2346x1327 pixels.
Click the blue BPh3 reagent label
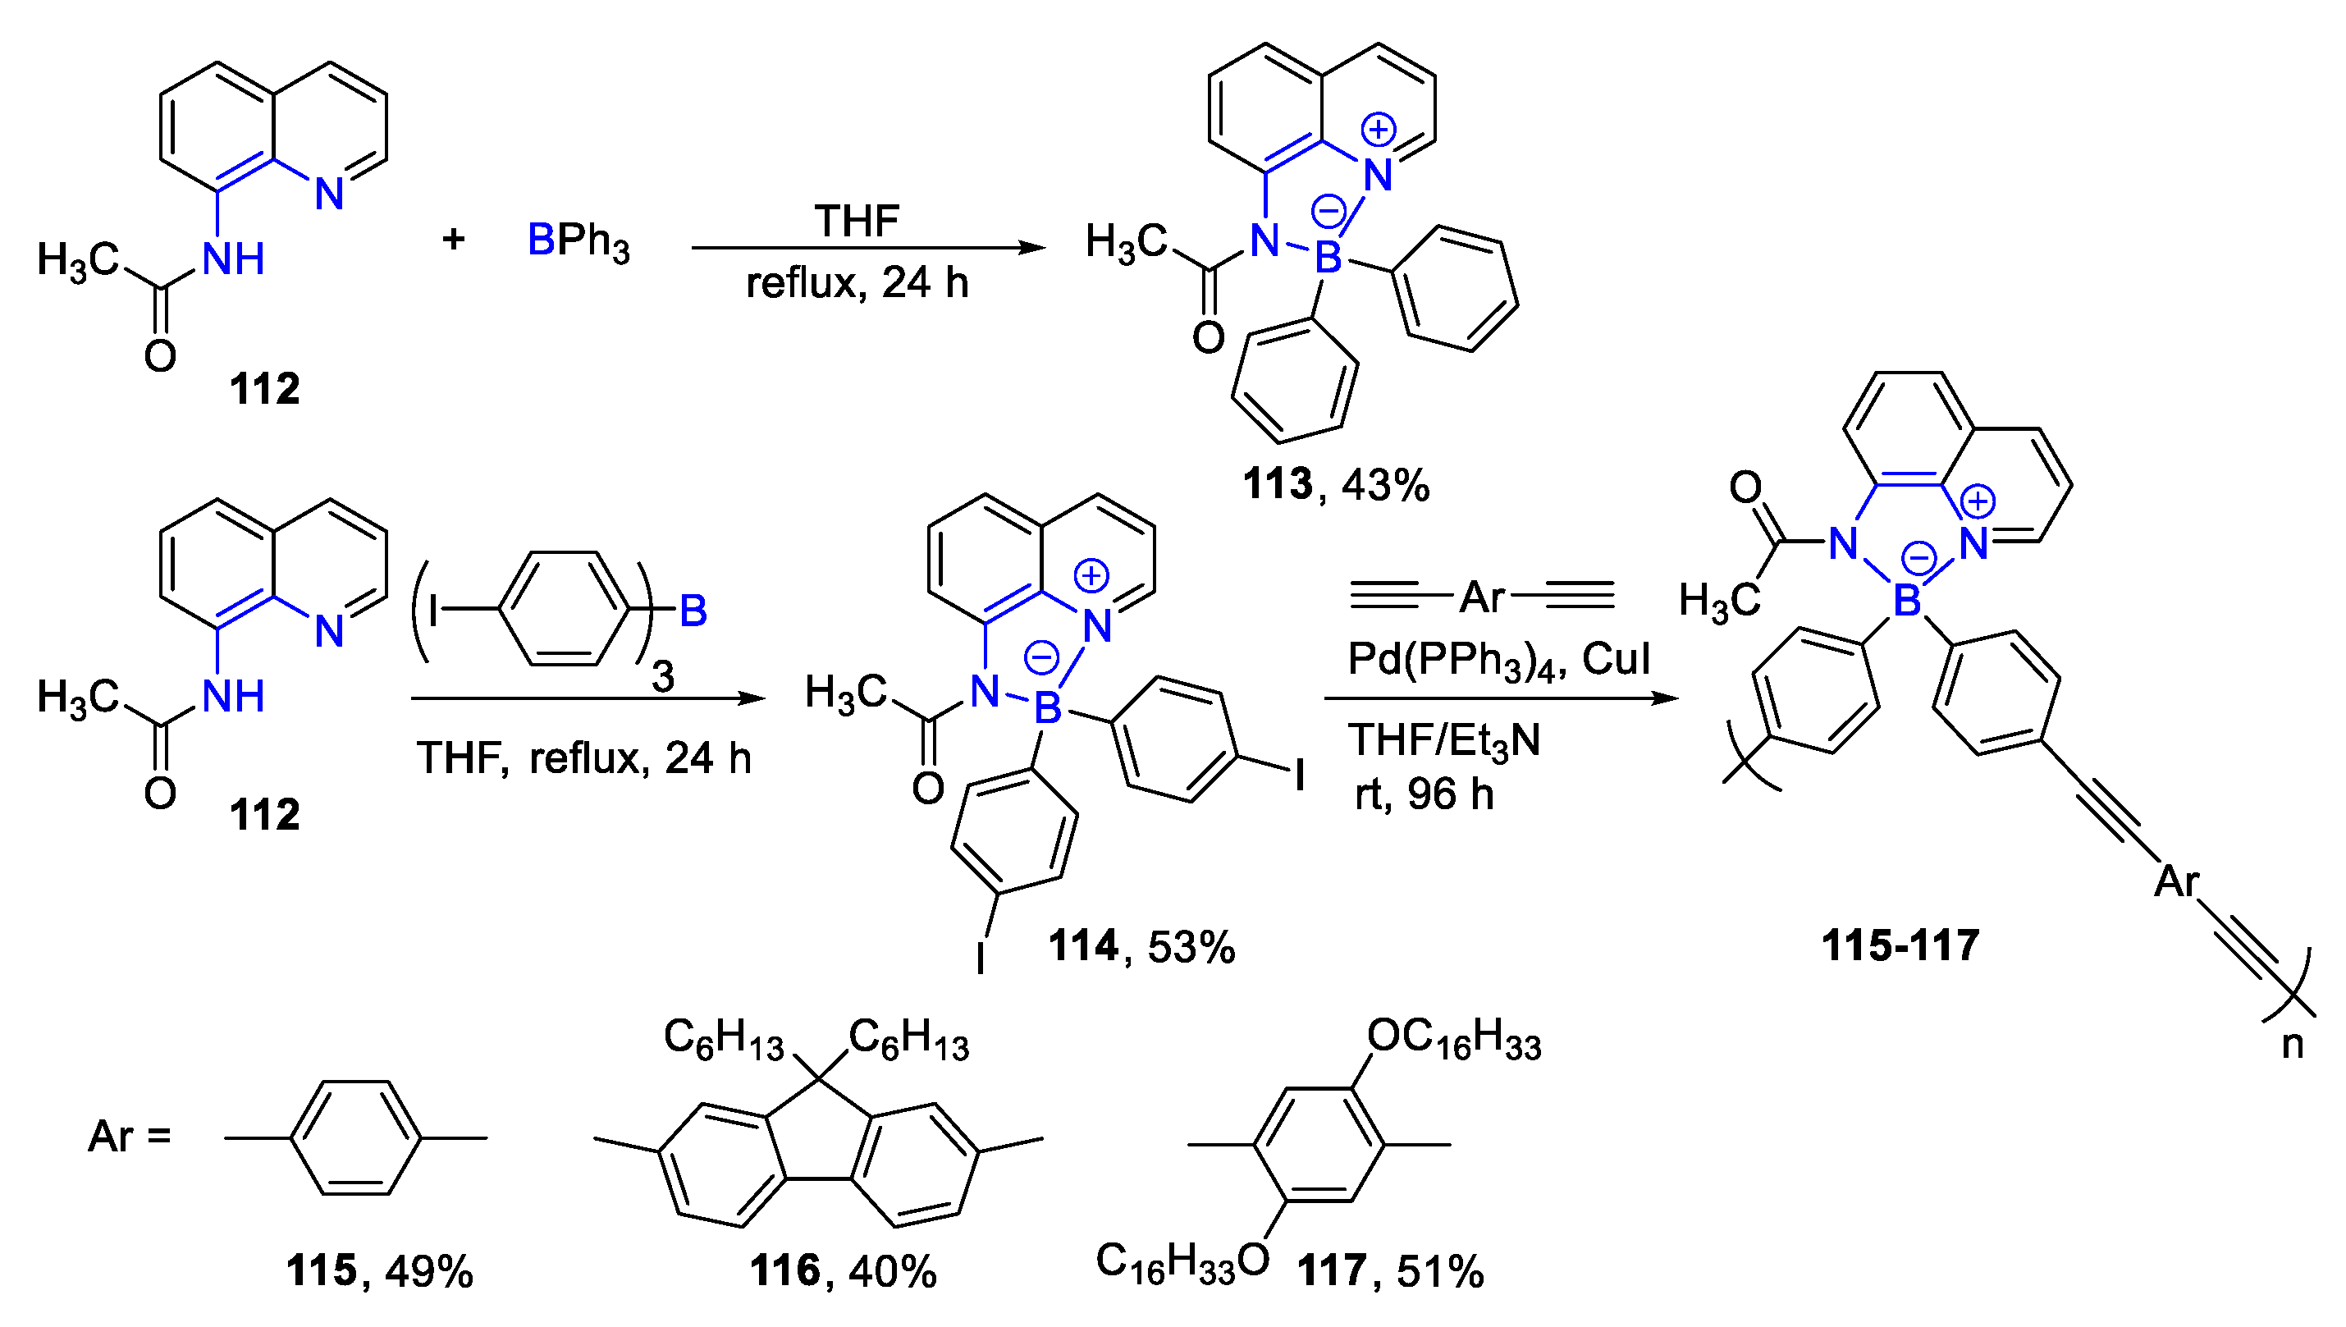578,241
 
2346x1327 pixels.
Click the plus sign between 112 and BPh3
454,240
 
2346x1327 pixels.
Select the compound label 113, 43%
1336,484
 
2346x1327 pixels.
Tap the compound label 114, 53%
1141,946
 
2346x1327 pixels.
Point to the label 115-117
1900,945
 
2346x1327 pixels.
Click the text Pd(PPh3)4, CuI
1498,658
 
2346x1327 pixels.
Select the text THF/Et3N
1444,739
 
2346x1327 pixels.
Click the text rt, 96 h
1424,794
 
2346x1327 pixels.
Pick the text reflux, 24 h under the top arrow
857,282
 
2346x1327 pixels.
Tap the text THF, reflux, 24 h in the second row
584,757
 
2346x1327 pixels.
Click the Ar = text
130,1137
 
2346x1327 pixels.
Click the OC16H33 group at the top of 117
1454,1038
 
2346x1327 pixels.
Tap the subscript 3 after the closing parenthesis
663,676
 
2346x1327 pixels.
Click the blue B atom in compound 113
1328,259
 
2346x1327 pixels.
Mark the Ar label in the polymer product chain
2176,881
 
